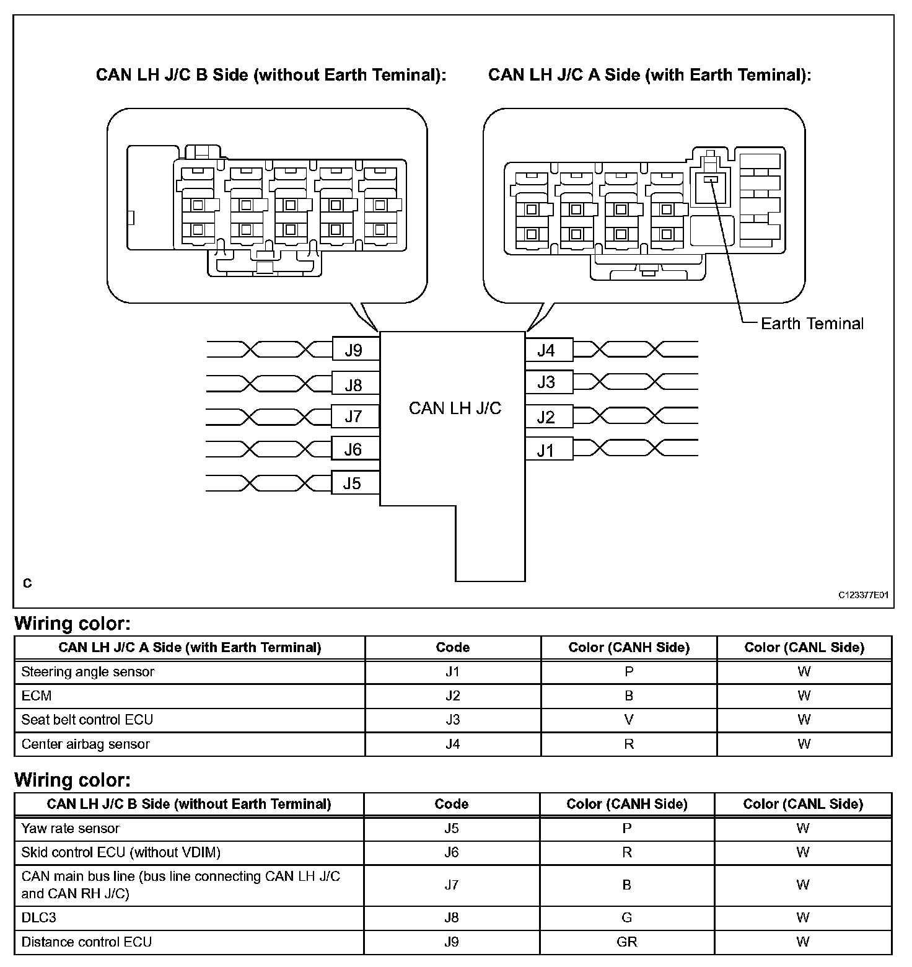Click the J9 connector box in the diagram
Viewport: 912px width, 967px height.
point(354,350)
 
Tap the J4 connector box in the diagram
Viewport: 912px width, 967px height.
point(548,350)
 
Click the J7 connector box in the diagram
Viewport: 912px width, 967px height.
point(354,417)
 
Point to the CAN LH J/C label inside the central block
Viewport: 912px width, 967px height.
point(455,408)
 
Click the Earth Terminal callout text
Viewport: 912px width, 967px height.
point(812,324)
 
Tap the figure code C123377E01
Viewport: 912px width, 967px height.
point(864,595)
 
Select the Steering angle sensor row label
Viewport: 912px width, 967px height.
point(88,672)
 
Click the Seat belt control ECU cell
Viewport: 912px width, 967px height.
point(87,720)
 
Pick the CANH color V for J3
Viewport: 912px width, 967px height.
point(629,720)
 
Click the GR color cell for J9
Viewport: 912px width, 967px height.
point(627,942)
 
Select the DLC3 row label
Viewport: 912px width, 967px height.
point(38,917)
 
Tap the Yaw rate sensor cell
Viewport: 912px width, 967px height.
point(71,829)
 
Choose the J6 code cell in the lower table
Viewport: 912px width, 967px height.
point(452,852)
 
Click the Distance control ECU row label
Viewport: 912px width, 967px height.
point(87,942)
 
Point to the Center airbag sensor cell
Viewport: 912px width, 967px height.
point(85,744)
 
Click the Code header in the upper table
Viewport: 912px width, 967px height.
point(453,648)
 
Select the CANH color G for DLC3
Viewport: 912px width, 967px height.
point(627,917)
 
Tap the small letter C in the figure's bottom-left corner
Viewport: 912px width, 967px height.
point(27,583)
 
